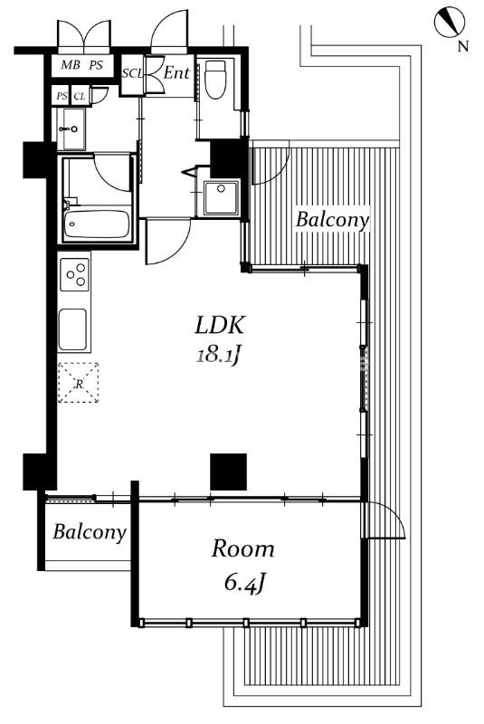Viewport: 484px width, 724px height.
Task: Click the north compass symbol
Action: [x=449, y=21]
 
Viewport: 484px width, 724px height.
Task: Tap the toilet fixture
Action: [x=215, y=80]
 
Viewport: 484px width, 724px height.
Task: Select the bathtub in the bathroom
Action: [x=97, y=224]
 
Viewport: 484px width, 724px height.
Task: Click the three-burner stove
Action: [x=75, y=274]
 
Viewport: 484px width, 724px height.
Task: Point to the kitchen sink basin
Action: [x=72, y=329]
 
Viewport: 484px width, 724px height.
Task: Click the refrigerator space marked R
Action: [x=79, y=383]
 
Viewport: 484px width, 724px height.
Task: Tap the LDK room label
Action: [x=219, y=325]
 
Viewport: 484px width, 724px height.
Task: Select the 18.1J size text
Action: [x=219, y=356]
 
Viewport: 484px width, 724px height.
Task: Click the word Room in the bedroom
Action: [x=242, y=549]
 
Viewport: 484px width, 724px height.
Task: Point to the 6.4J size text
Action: [x=244, y=583]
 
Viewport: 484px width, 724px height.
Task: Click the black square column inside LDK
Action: [x=228, y=472]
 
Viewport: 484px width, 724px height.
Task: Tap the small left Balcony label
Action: [x=89, y=532]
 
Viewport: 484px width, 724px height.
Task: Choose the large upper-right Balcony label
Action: [x=332, y=220]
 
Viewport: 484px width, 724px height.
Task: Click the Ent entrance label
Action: [x=176, y=72]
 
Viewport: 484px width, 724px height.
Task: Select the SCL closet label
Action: [x=133, y=74]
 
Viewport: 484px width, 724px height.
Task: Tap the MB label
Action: [x=71, y=65]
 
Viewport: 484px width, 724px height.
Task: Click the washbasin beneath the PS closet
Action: [x=71, y=129]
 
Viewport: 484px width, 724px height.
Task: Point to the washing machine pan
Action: [x=221, y=197]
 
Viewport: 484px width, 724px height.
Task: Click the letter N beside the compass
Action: [x=463, y=46]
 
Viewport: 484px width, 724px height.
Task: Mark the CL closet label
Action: [x=80, y=97]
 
